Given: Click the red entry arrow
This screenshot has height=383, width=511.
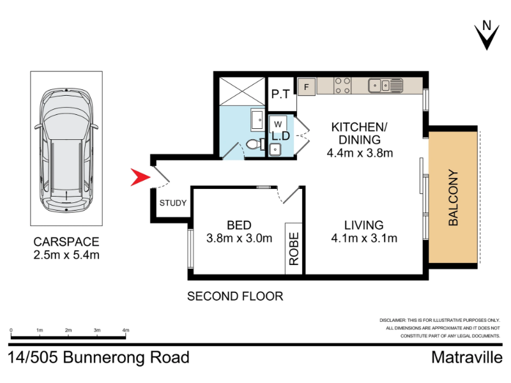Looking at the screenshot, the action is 139,177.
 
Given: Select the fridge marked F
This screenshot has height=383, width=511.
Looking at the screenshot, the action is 307,87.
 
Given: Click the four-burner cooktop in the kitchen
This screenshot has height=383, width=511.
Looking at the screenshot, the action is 342,86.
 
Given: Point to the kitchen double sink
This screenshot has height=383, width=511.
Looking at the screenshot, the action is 386,86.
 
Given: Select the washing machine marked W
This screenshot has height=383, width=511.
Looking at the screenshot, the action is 278,124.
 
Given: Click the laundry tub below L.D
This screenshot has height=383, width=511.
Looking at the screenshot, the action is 276,149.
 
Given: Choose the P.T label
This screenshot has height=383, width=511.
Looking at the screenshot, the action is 280,94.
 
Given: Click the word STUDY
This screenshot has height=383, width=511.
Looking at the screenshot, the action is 172,203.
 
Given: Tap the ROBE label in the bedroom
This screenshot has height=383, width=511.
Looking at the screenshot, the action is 294,248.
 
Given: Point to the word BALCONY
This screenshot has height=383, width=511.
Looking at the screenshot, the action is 453,197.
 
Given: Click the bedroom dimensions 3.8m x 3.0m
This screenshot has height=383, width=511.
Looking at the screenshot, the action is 239,238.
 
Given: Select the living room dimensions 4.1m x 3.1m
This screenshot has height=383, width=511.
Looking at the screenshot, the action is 364,238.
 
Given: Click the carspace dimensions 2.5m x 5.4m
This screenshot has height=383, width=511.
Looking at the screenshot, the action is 66,255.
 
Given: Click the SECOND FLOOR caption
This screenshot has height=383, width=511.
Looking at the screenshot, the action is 235,296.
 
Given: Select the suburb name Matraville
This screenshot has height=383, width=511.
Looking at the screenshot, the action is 467,357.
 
